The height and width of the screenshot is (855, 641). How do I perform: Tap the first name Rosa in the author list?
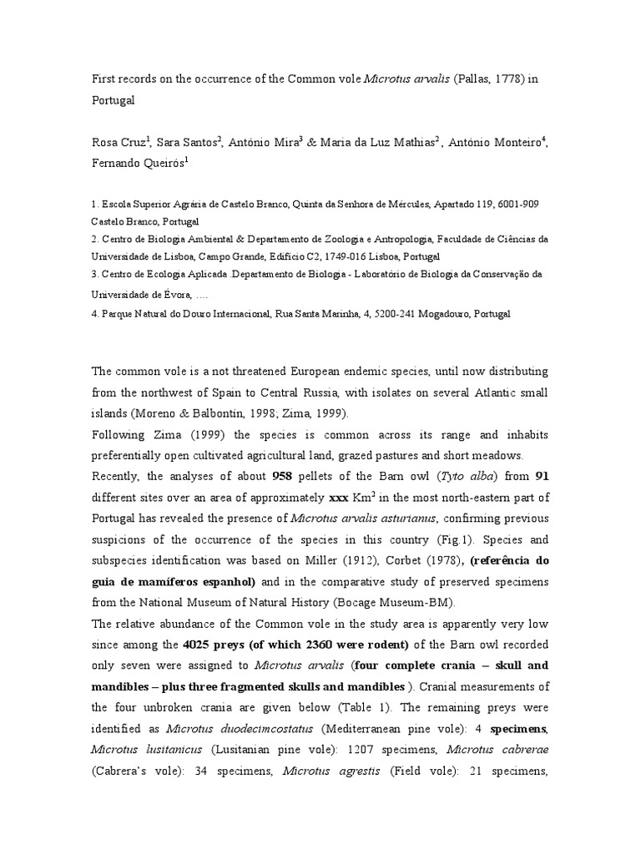point(105,142)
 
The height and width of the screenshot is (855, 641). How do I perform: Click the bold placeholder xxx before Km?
point(340,498)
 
